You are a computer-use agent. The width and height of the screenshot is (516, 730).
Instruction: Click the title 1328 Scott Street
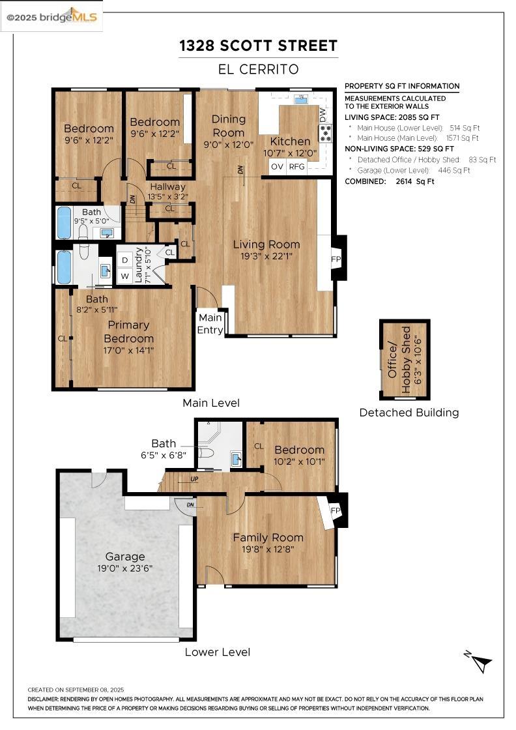259,46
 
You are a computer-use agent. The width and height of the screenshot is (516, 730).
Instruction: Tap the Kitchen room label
291,141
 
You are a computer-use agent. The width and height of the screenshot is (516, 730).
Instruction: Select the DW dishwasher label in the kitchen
323,114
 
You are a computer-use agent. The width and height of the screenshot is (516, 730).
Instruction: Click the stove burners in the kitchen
326,133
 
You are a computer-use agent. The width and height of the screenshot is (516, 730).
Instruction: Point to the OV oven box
278,166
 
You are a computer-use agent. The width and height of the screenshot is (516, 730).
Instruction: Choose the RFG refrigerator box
297,166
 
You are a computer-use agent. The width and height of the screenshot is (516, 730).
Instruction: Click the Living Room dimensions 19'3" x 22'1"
266,255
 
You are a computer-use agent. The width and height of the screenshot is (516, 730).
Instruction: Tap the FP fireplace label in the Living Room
336,259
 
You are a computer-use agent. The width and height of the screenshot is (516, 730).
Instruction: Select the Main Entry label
210,323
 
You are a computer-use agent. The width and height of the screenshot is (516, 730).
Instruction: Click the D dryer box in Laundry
124,260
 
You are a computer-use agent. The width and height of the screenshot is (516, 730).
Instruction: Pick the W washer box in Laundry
124,276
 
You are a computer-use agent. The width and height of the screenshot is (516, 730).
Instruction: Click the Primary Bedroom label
128,332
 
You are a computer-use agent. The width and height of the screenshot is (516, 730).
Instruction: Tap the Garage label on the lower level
124,557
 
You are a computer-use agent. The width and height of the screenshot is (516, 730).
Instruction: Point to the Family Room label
268,537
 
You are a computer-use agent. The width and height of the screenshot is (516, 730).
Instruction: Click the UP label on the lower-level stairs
194,479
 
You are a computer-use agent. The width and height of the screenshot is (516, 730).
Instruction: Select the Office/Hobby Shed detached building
405,359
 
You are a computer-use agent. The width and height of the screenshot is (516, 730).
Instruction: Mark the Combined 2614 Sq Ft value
415,182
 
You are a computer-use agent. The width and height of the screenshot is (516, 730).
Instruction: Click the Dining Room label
228,126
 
